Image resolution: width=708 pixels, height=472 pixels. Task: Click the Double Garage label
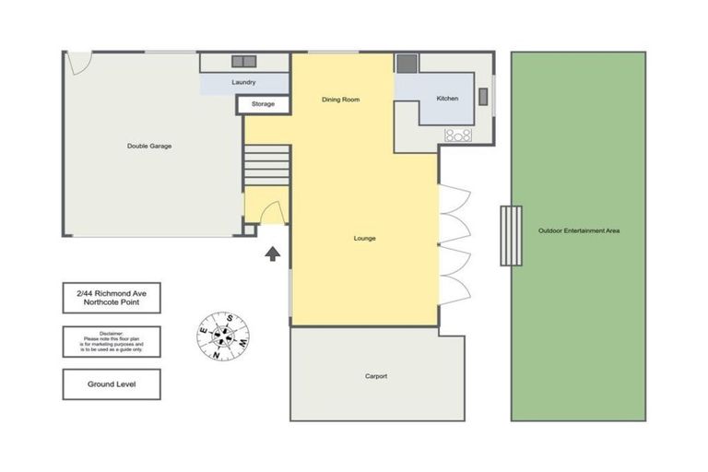coord(148,146)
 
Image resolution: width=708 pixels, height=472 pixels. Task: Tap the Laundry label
coord(243,82)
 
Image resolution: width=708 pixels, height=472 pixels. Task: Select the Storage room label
coord(263,104)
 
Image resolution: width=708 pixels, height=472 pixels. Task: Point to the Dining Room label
coord(339,100)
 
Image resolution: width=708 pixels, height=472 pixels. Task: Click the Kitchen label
coord(447,99)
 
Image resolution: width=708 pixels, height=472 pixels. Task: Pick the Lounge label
coord(364,238)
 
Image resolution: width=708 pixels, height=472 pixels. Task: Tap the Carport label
coord(375,376)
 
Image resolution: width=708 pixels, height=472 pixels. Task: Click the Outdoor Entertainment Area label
coord(578,230)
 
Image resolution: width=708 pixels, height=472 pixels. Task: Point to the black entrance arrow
coord(273,253)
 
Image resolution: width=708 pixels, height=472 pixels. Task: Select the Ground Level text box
coord(112,383)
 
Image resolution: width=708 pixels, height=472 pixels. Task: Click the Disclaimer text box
coord(112,341)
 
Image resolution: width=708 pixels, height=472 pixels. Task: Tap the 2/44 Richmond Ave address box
coord(112,298)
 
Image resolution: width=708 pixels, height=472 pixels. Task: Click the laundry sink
coord(243,61)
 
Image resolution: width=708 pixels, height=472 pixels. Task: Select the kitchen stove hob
coord(458,136)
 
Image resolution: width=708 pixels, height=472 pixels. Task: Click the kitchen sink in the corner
coord(407,64)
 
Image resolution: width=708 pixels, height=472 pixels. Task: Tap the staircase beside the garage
coord(267,166)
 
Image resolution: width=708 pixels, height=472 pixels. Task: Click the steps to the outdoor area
coord(511,235)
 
